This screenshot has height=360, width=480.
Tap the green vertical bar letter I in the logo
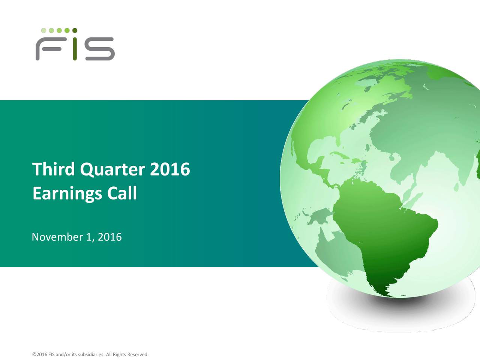(x=75, y=49)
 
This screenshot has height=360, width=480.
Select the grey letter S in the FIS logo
(x=99, y=49)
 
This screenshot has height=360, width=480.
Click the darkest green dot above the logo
(x=75, y=30)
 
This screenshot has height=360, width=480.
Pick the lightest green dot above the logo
(x=43, y=30)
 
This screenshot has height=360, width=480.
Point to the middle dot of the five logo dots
(x=59, y=30)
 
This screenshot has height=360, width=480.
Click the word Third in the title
(x=53, y=169)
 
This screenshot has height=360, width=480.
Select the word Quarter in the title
(x=112, y=170)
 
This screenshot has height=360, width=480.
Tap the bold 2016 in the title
(x=170, y=169)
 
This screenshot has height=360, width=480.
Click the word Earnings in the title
(x=67, y=194)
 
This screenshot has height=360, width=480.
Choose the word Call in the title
(x=122, y=193)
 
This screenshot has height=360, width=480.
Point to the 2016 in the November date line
(x=109, y=237)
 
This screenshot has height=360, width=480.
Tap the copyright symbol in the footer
(x=34, y=355)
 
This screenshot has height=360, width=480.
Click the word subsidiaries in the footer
(x=91, y=355)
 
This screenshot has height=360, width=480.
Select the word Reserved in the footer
(x=138, y=355)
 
